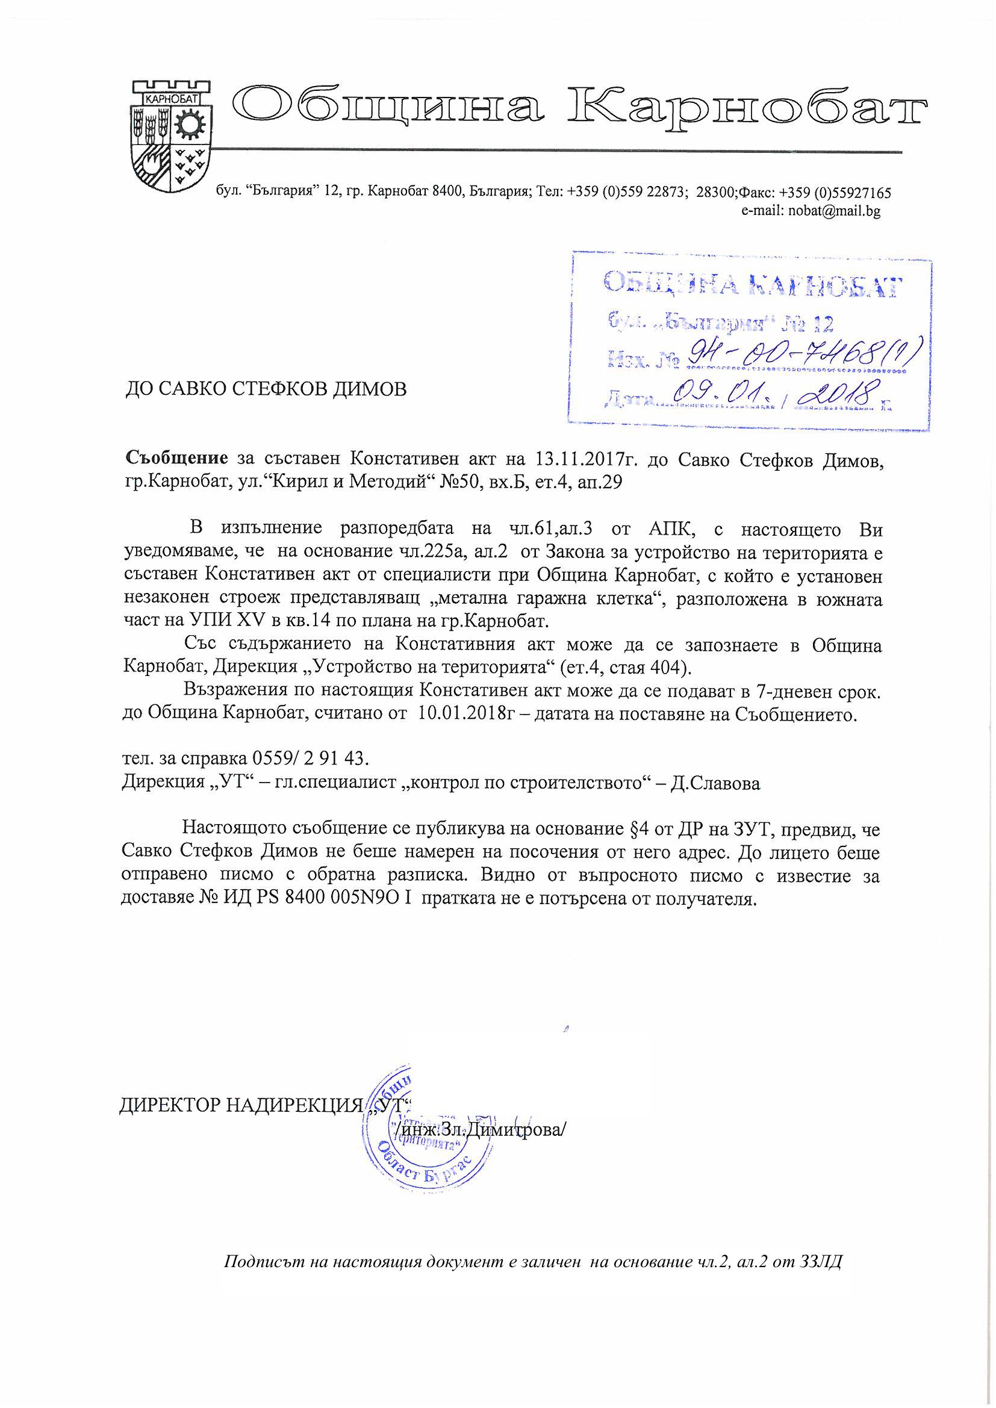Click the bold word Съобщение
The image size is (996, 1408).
coord(176,458)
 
